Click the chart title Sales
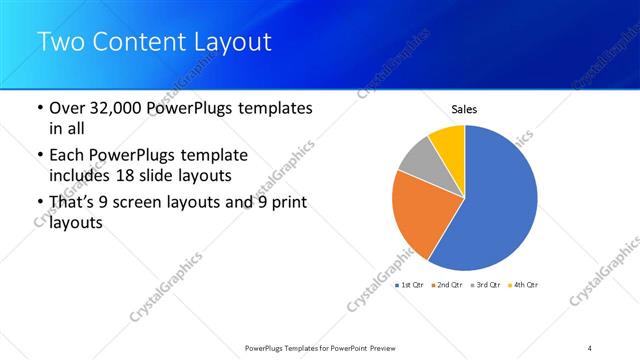click(464, 109)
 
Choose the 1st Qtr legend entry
click(411, 285)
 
